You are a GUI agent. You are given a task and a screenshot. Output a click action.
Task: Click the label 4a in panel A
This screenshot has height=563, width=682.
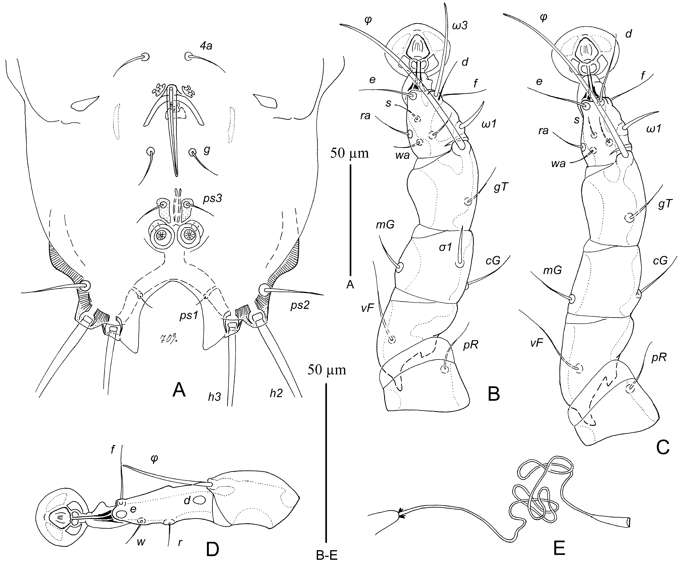point(206,46)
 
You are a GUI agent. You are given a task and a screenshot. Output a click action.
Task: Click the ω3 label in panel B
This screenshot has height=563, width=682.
point(459,26)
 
